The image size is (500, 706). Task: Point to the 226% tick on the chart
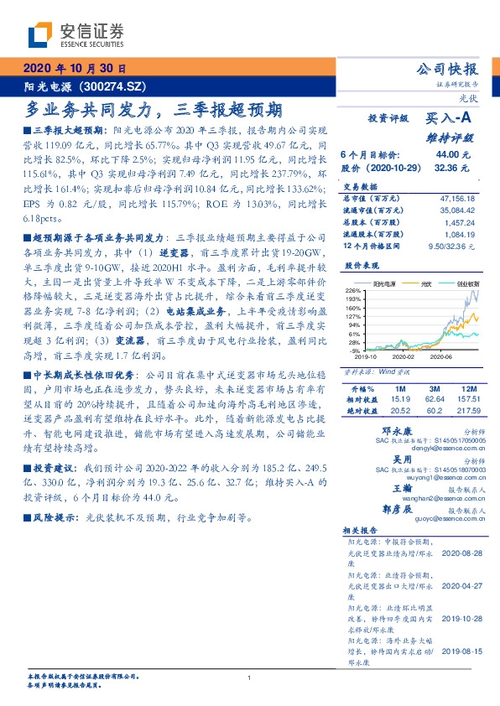(x=353, y=289)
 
